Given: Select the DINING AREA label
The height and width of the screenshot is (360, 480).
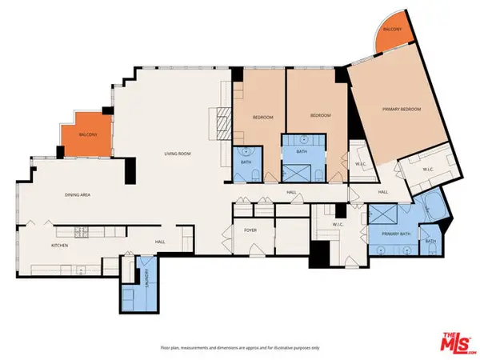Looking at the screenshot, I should [81, 194].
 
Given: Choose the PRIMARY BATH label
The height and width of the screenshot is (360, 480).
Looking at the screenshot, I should [393, 234].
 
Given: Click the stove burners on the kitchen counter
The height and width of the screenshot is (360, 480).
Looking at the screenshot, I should [85, 233].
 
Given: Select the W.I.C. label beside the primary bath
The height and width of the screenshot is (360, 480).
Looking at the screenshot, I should [337, 225].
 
